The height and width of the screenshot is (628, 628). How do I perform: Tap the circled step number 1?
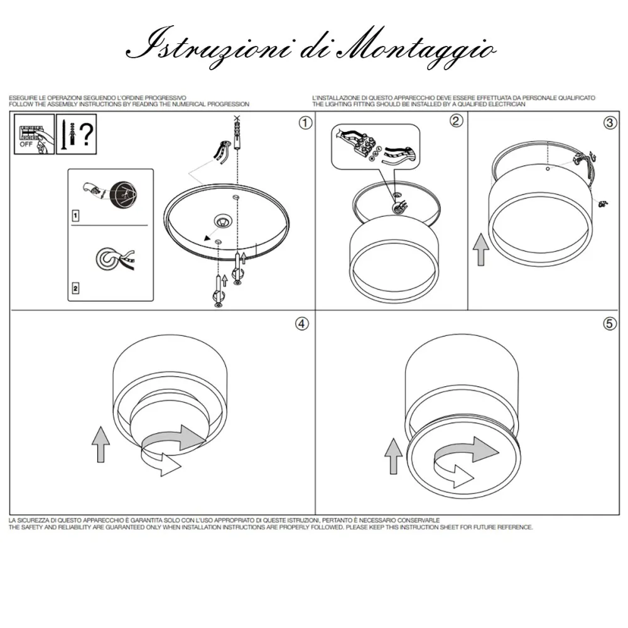pyautogui.click(x=305, y=122)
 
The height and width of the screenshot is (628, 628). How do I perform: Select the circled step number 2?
pyautogui.click(x=457, y=121)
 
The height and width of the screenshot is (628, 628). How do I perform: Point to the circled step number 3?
pyautogui.click(x=609, y=122)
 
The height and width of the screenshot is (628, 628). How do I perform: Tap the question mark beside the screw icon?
pyautogui.click(x=87, y=134)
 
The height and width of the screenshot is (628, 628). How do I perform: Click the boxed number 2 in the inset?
pyautogui.click(x=76, y=288)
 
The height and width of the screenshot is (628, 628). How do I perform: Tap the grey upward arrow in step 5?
pyautogui.click(x=394, y=455)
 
